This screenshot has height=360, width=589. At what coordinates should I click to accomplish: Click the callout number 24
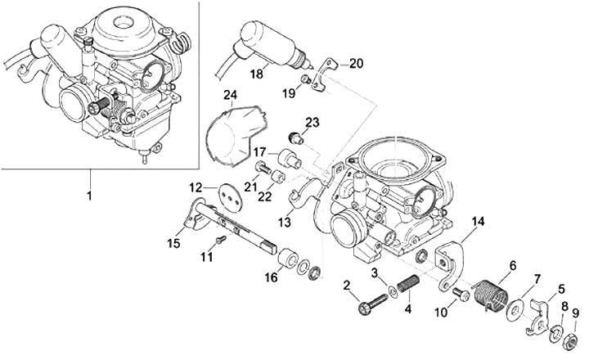(x=231, y=94)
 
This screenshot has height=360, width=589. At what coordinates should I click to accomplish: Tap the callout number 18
(x=257, y=74)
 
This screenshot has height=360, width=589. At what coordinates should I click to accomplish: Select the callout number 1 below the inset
(x=89, y=196)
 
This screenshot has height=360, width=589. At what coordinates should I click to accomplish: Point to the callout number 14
(x=478, y=222)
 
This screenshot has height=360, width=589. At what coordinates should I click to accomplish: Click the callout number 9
(x=574, y=313)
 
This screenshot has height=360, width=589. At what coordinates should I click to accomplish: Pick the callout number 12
(x=196, y=187)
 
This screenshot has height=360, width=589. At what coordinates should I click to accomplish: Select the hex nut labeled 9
(x=570, y=341)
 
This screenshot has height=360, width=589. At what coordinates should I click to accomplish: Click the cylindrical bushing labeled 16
(x=288, y=258)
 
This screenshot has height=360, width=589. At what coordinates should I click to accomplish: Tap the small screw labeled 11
(x=221, y=238)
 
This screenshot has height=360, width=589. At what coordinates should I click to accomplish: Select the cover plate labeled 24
(x=235, y=134)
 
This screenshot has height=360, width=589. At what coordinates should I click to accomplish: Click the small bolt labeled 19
(x=307, y=79)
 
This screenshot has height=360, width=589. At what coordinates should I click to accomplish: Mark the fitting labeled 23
(x=296, y=138)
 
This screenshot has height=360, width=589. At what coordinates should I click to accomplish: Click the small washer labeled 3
(x=393, y=291)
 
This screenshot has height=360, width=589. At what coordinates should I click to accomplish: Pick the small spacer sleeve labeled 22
(x=279, y=176)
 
